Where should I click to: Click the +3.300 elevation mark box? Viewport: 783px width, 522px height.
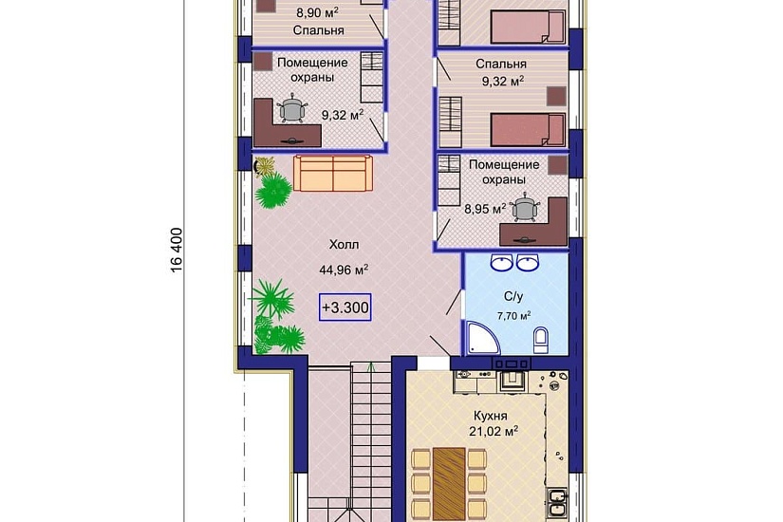point(345,308)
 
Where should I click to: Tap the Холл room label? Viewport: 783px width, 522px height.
point(344,245)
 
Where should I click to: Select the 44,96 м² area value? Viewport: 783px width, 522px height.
point(344,270)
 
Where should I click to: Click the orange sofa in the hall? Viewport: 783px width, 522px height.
point(332,173)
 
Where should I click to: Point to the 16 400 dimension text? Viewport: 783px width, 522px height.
point(177,251)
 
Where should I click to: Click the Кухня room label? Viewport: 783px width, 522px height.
point(491,416)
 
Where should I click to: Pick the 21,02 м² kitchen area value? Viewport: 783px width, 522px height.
point(493,431)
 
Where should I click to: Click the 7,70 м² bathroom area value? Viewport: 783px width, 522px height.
point(513,316)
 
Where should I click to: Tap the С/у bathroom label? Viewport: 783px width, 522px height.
point(513,297)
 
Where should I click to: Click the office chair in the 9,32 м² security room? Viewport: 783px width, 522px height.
point(292,109)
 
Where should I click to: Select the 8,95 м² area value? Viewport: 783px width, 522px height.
point(485,209)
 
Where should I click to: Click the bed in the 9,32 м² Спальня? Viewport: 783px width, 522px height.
point(528,130)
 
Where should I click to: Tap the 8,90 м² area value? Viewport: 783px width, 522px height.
point(318,12)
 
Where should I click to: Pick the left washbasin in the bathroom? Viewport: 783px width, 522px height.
point(501,262)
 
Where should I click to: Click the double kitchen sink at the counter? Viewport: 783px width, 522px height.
point(556,504)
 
